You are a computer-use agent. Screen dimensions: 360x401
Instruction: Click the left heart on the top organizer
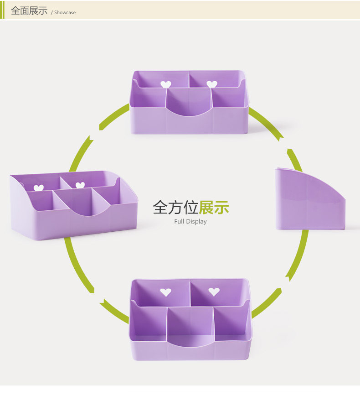[166, 84]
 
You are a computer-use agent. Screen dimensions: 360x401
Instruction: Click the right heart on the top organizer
[211, 84]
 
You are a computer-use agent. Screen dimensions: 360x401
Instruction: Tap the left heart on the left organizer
[39, 188]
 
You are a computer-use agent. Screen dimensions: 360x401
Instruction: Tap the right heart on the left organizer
[80, 185]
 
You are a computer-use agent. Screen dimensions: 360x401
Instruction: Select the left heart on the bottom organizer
[165, 292]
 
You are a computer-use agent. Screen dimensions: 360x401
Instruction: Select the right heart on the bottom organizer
[214, 292]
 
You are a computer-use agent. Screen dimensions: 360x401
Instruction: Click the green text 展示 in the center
[214, 208]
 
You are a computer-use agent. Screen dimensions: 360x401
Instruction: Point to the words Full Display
[190, 222]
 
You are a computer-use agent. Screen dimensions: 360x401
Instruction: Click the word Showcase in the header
[65, 13]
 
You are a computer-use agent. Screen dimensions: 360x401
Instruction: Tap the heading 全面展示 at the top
[29, 11]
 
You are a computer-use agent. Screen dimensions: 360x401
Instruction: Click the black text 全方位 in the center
[175, 208]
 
